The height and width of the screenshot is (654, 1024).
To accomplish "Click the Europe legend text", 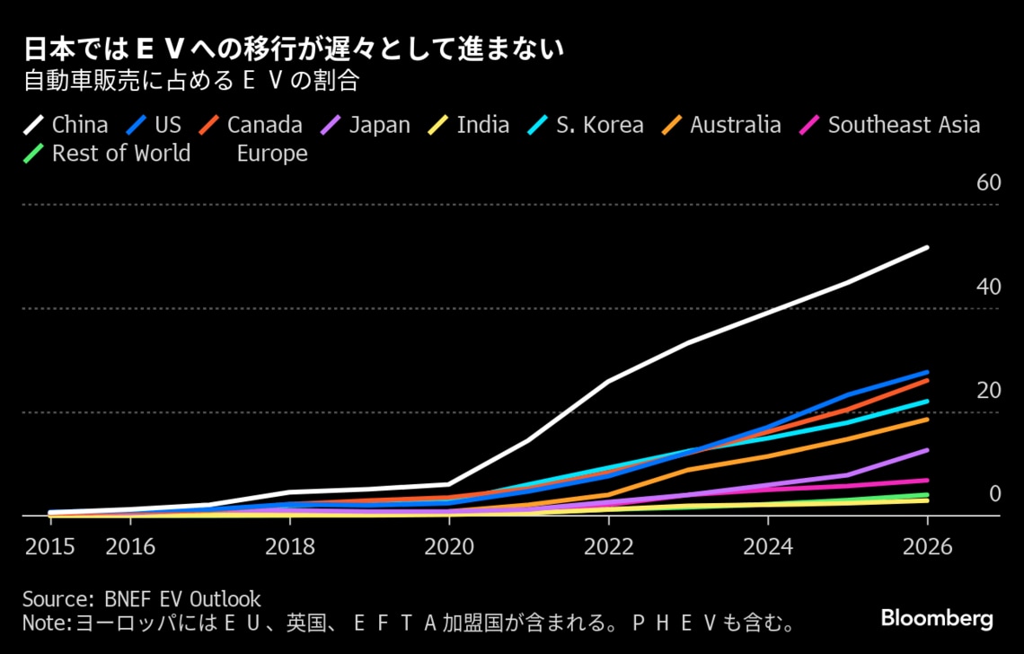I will (x=272, y=154).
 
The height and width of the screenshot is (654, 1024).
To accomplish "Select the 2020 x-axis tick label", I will (x=449, y=547).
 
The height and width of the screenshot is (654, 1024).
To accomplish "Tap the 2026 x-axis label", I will (x=927, y=547).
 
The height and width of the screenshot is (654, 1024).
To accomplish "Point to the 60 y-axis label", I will (x=988, y=183).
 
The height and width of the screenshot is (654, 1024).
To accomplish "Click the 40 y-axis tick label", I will (x=988, y=287).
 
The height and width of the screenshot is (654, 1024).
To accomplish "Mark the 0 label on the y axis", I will (x=994, y=494).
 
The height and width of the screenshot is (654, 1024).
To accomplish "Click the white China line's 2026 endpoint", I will (x=927, y=247).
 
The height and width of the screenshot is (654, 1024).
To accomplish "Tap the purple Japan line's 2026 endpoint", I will (x=927, y=450).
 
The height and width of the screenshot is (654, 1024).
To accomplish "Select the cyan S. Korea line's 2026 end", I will (x=927, y=401).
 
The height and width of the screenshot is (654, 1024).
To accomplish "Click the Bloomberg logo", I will (x=937, y=618).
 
